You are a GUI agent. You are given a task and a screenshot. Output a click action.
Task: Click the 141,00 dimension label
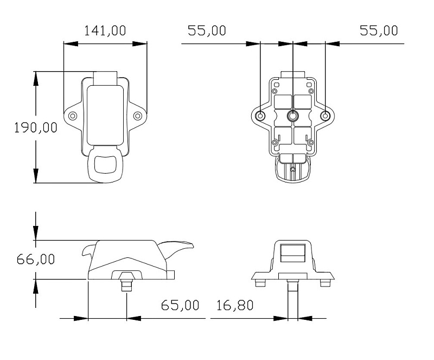pos(105,30)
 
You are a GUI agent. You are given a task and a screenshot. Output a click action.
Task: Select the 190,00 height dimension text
pos(36,128)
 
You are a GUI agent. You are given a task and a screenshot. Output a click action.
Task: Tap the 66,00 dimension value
pos(36,259)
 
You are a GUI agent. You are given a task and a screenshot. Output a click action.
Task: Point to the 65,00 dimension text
pos(180,305)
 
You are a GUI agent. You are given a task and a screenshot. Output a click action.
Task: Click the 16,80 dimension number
pos(235,305)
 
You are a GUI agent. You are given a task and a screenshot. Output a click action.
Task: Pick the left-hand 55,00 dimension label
pos(207,30)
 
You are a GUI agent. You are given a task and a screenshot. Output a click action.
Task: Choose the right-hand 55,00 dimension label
pos(379,30)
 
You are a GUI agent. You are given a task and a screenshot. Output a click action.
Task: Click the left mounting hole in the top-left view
pos(73,116)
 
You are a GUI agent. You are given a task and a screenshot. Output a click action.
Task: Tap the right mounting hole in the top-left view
pos(138,116)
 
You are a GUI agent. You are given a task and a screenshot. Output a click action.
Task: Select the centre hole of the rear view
pos(292,115)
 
